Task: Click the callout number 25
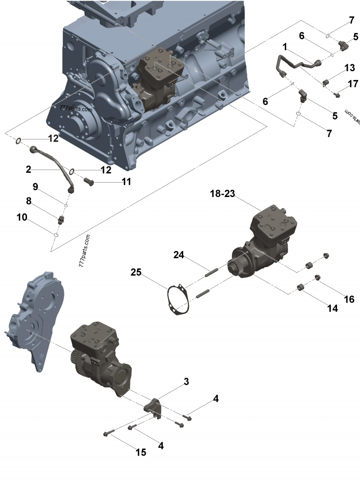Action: (x=136, y=272)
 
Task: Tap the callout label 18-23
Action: (x=223, y=194)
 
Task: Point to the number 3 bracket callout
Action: (x=186, y=382)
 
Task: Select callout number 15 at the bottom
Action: (x=141, y=452)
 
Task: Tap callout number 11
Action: (x=126, y=182)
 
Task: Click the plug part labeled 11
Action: (x=89, y=181)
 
